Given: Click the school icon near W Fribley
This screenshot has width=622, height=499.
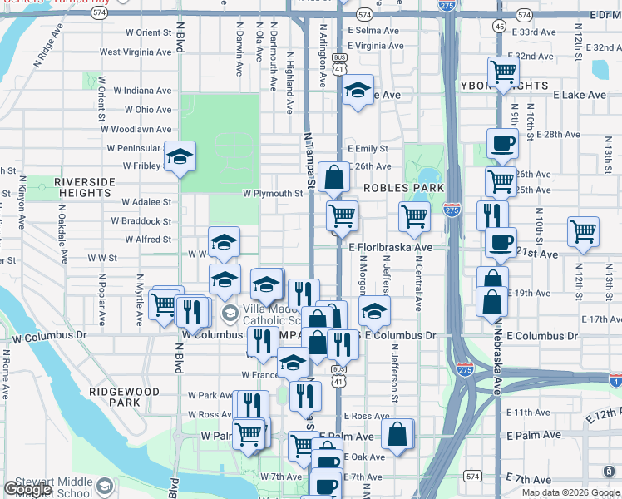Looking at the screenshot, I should click(179, 157).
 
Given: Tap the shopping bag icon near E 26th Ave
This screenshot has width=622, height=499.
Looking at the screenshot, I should click(333, 177).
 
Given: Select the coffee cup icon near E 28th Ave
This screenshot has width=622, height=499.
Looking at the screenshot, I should click(502, 143).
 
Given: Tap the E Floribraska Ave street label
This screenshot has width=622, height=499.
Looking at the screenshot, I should click(391, 248).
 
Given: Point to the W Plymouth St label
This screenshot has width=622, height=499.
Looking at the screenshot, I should click(273, 194).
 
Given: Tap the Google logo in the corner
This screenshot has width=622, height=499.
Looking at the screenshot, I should click(27, 489).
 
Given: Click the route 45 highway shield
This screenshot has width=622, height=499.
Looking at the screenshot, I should click(500, 27).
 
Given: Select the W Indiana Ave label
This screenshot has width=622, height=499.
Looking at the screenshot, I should click(142, 90).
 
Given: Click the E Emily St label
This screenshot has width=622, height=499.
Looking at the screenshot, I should click(368, 149).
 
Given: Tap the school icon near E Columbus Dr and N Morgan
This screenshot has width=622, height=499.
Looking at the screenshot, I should click(374, 313).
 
